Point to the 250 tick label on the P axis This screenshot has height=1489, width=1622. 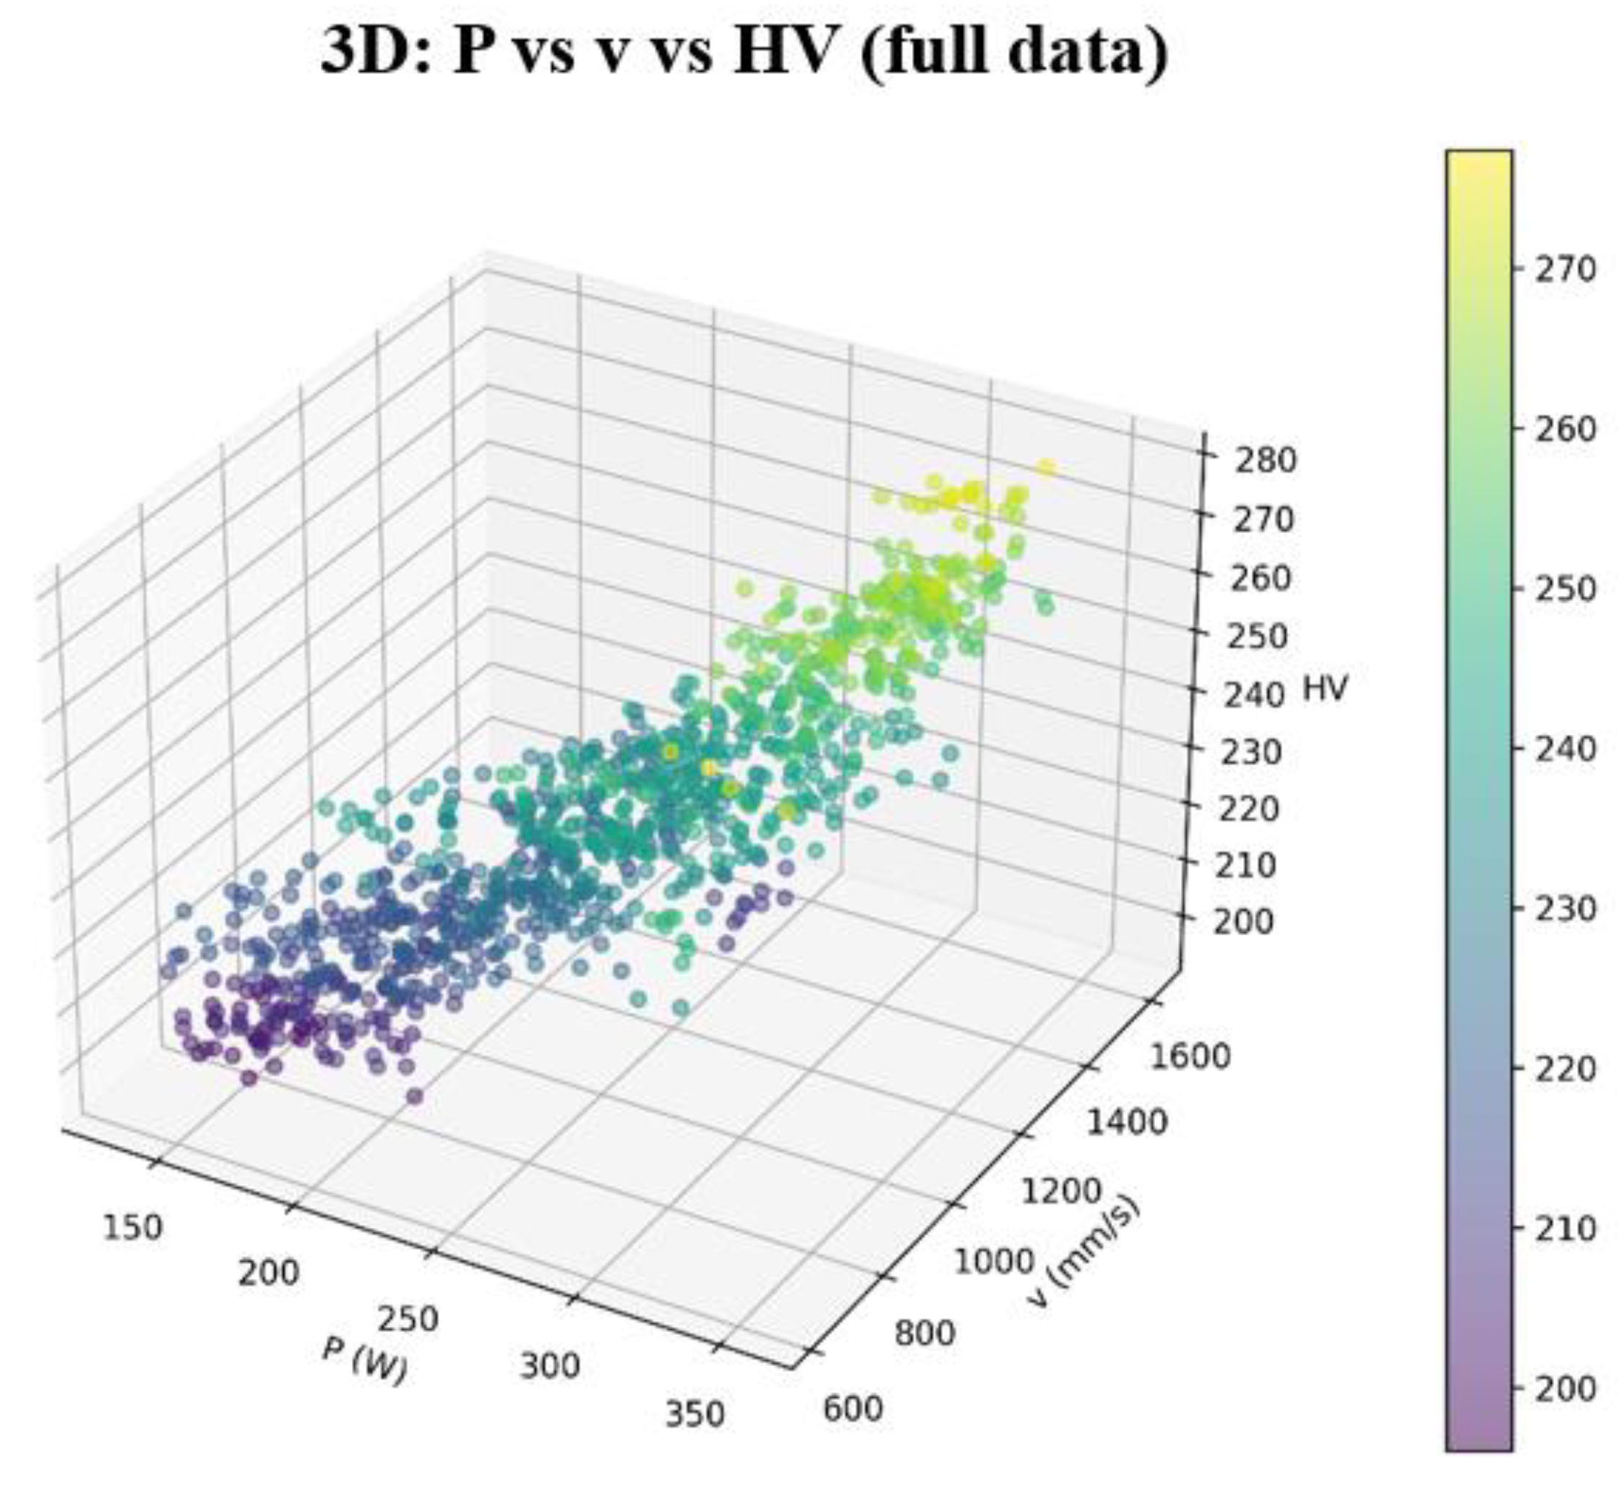[409, 1320]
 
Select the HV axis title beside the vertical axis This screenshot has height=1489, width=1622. [1325, 689]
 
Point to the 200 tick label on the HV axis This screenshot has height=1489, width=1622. [1243, 922]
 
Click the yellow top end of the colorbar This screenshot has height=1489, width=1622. [1478, 161]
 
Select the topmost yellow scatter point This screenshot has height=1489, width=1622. [1045, 468]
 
